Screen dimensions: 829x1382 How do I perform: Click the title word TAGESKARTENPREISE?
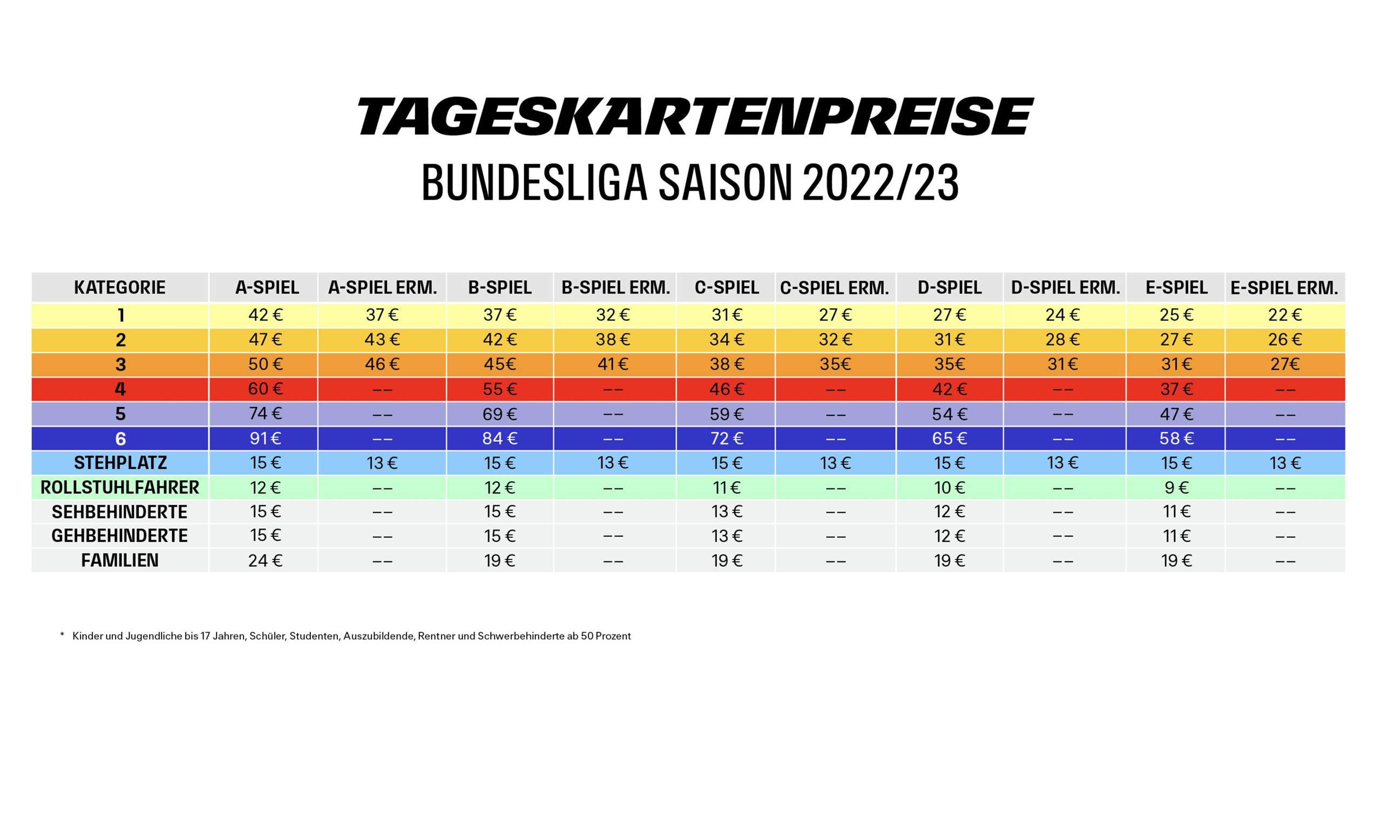click(x=695, y=116)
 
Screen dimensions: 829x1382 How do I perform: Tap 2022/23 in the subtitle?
click(x=880, y=183)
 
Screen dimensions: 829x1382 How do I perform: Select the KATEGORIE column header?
click(x=120, y=288)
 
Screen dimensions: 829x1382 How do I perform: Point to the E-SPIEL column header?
click(x=1176, y=288)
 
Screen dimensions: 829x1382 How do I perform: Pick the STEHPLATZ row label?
click(x=120, y=463)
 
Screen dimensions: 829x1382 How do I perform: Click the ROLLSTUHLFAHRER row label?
click(x=120, y=488)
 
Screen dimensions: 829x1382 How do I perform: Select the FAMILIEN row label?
click(x=120, y=560)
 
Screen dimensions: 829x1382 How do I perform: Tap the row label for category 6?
click(x=120, y=439)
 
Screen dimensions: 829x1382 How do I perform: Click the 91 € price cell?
click(x=266, y=439)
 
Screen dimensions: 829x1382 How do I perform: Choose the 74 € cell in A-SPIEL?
click(x=266, y=414)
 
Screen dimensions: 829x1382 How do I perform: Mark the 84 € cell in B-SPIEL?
click(x=500, y=439)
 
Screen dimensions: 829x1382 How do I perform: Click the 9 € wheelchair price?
click(x=1176, y=488)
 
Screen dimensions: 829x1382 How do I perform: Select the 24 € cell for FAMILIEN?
click(x=266, y=560)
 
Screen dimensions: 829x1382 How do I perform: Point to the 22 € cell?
click(x=1285, y=315)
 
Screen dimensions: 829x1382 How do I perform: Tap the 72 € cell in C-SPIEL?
click(x=727, y=439)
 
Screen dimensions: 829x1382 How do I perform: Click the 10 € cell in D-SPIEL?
click(x=949, y=488)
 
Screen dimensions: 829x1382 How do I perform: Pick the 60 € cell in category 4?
click(x=266, y=389)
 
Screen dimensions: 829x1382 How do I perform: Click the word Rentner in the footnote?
click(x=436, y=636)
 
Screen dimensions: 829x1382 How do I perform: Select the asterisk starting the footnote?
click(x=63, y=635)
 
